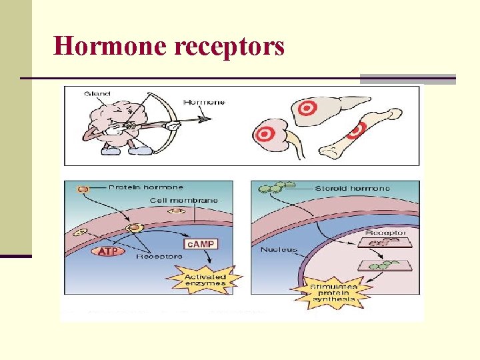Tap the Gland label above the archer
pyautogui.click(x=97, y=94)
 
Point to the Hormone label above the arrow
pyautogui.click(x=204, y=103)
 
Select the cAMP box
pyautogui.click(x=201, y=245)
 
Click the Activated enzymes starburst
pyautogui.click(x=205, y=279)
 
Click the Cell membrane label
pyautogui.click(x=183, y=201)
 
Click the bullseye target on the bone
pyautogui.click(x=357, y=129)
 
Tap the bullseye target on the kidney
pyautogui.click(x=265, y=134)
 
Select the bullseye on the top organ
pyautogui.click(x=307, y=107)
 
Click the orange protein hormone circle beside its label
pyautogui.click(x=83, y=189)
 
